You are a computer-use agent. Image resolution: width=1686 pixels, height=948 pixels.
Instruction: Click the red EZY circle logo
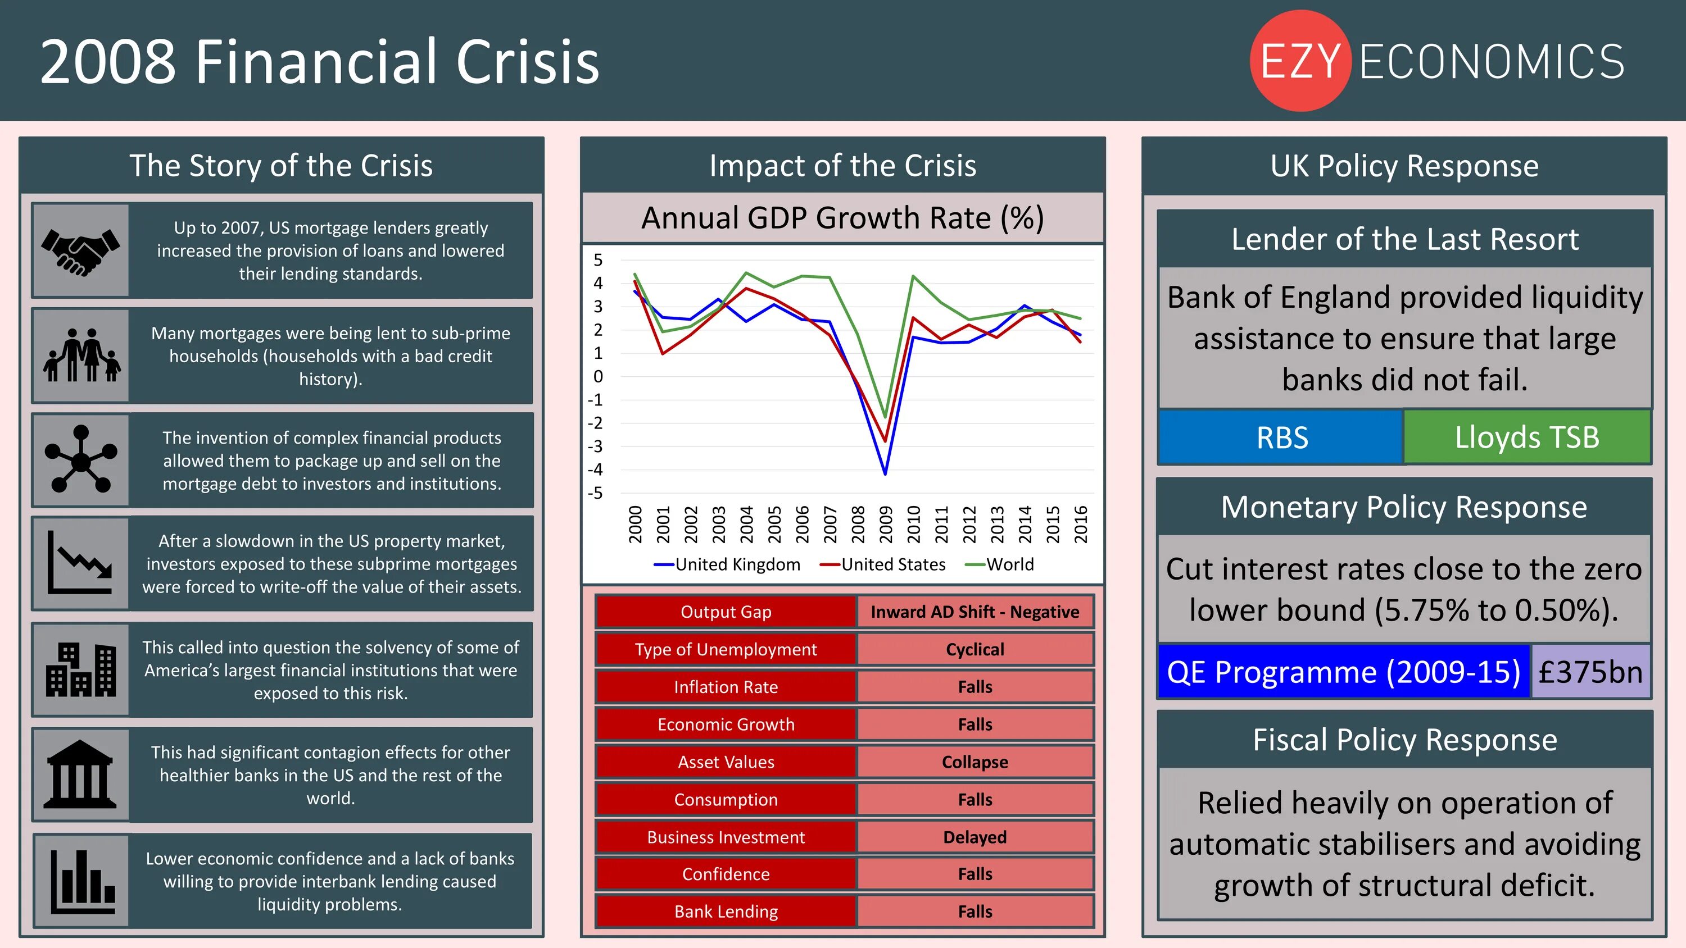pyautogui.click(x=1300, y=61)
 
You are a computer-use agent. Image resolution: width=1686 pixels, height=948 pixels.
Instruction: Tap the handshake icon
pyautogui.click(x=80, y=250)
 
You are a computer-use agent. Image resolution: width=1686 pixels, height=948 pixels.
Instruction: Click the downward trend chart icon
pyautogui.click(x=80, y=563)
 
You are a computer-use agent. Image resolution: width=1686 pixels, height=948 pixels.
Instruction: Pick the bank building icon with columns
pyautogui.click(x=80, y=774)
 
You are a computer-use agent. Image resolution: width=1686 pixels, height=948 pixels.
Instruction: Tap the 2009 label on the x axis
pyautogui.click(x=886, y=524)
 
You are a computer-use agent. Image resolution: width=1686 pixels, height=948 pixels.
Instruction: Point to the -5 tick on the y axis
pyautogui.click(x=595, y=493)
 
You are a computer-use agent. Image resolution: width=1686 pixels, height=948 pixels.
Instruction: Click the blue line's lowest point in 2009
pyautogui.click(x=885, y=473)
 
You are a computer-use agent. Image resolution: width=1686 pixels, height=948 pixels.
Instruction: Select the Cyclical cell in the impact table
pyautogui.click(x=975, y=649)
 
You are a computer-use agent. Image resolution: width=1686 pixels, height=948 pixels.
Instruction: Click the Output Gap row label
pyautogui.click(x=726, y=612)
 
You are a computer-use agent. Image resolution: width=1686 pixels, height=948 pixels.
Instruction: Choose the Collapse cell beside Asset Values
pyautogui.click(x=975, y=762)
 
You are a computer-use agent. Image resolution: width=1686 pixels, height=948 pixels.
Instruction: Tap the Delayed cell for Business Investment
pyautogui.click(x=975, y=837)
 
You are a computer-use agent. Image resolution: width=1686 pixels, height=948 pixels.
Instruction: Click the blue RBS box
pyautogui.click(x=1281, y=437)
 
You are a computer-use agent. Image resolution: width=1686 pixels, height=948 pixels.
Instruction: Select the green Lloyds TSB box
pyautogui.click(x=1526, y=437)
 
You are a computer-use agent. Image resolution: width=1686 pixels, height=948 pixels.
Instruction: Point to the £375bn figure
pyautogui.click(x=1590, y=672)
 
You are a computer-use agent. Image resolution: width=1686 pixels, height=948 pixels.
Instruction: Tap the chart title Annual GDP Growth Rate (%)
pyautogui.click(x=842, y=218)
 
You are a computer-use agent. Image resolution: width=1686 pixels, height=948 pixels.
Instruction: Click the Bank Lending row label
pyautogui.click(x=726, y=911)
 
